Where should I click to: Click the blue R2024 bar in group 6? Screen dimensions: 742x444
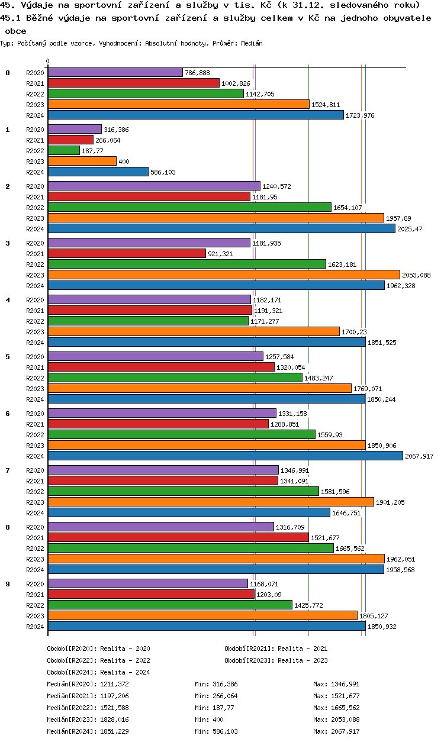[225, 456]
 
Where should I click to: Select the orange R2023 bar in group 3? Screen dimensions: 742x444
[224, 275]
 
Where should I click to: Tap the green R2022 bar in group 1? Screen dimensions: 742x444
[63, 150]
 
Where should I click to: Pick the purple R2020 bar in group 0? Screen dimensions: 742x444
[115, 72]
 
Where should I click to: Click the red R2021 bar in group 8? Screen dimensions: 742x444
[178, 537]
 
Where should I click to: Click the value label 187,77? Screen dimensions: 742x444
[92, 151]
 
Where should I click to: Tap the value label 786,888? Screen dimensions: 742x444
[197, 73]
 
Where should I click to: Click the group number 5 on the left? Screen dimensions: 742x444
[8, 357]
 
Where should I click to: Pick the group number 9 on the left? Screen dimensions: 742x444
[8, 584]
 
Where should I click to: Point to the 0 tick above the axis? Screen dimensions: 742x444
[48, 61]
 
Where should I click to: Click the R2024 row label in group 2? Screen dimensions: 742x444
[35, 229]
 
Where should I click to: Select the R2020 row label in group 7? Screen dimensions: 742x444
[35, 470]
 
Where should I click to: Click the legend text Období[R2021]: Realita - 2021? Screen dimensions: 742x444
[276, 649]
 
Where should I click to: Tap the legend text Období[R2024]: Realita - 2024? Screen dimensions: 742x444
[98, 672]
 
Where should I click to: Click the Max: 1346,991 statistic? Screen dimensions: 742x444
[336, 684]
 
